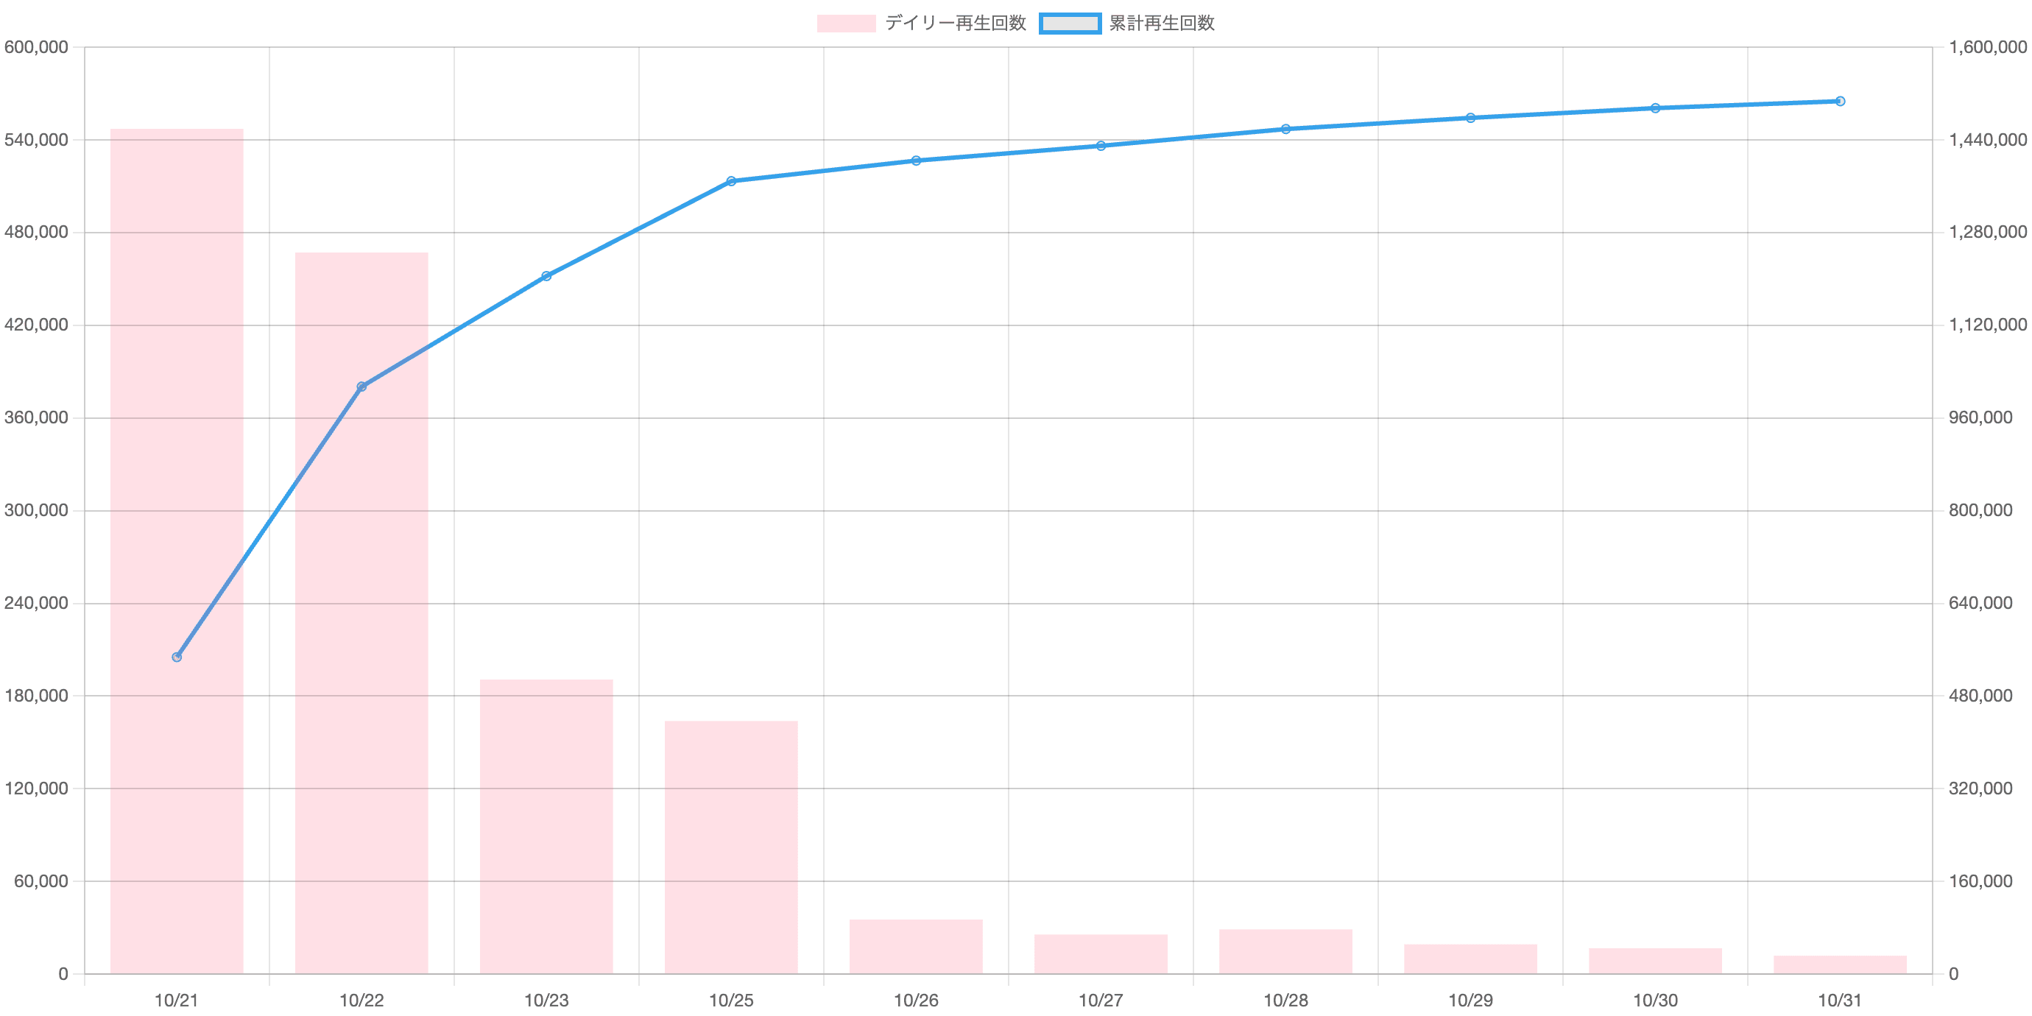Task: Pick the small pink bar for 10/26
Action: pos(916,946)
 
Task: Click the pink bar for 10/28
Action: pos(1285,950)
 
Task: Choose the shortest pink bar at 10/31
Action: pos(1840,964)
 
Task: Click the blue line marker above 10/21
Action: pos(177,657)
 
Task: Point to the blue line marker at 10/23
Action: pos(546,276)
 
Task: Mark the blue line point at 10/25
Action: pos(731,181)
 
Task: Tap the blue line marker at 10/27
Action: pos(1101,146)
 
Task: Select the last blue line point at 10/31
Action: pos(1841,101)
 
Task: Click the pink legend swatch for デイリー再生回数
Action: pos(846,23)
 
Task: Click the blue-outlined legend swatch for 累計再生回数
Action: pos(1070,23)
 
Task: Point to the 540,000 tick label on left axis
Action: pos(36,141)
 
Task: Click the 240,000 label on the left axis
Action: pos(36,604)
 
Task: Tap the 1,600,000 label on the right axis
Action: pos(1986,48)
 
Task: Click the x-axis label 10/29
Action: pos(1470,1001)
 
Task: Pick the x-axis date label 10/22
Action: pos(361,1001)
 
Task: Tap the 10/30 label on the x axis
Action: pos(1655,1001)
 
